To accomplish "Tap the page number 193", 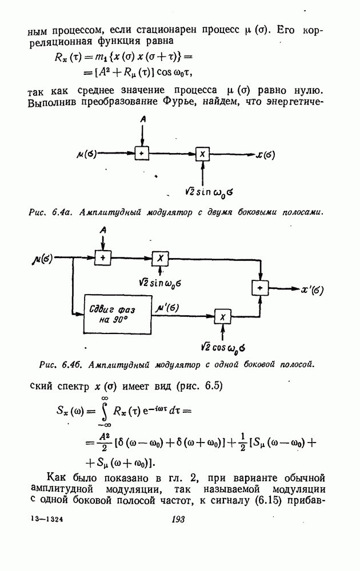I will point(179,519).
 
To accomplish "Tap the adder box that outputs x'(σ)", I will point(260,288).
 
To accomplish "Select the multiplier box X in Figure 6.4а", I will point(202,154).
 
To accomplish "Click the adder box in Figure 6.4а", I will point(141,154).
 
